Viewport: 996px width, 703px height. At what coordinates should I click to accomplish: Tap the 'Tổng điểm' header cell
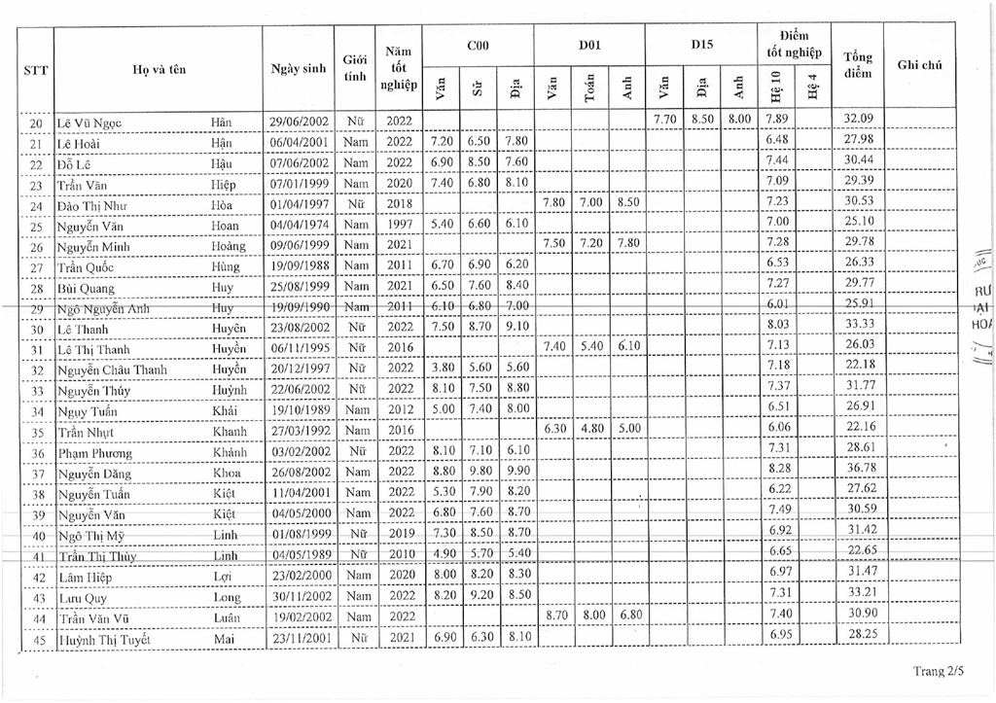pos(858,65)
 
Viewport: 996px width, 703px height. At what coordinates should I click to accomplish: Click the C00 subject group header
pos(478,45)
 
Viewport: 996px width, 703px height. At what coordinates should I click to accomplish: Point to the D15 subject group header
pos(701,45)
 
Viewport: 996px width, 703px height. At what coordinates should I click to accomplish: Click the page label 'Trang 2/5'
pos(939,671)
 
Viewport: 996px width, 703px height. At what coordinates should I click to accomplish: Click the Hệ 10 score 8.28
pos(776,473)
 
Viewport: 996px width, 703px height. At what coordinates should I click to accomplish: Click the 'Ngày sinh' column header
pos(299,68)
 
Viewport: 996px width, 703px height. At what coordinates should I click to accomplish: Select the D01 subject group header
pos(589,45)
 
